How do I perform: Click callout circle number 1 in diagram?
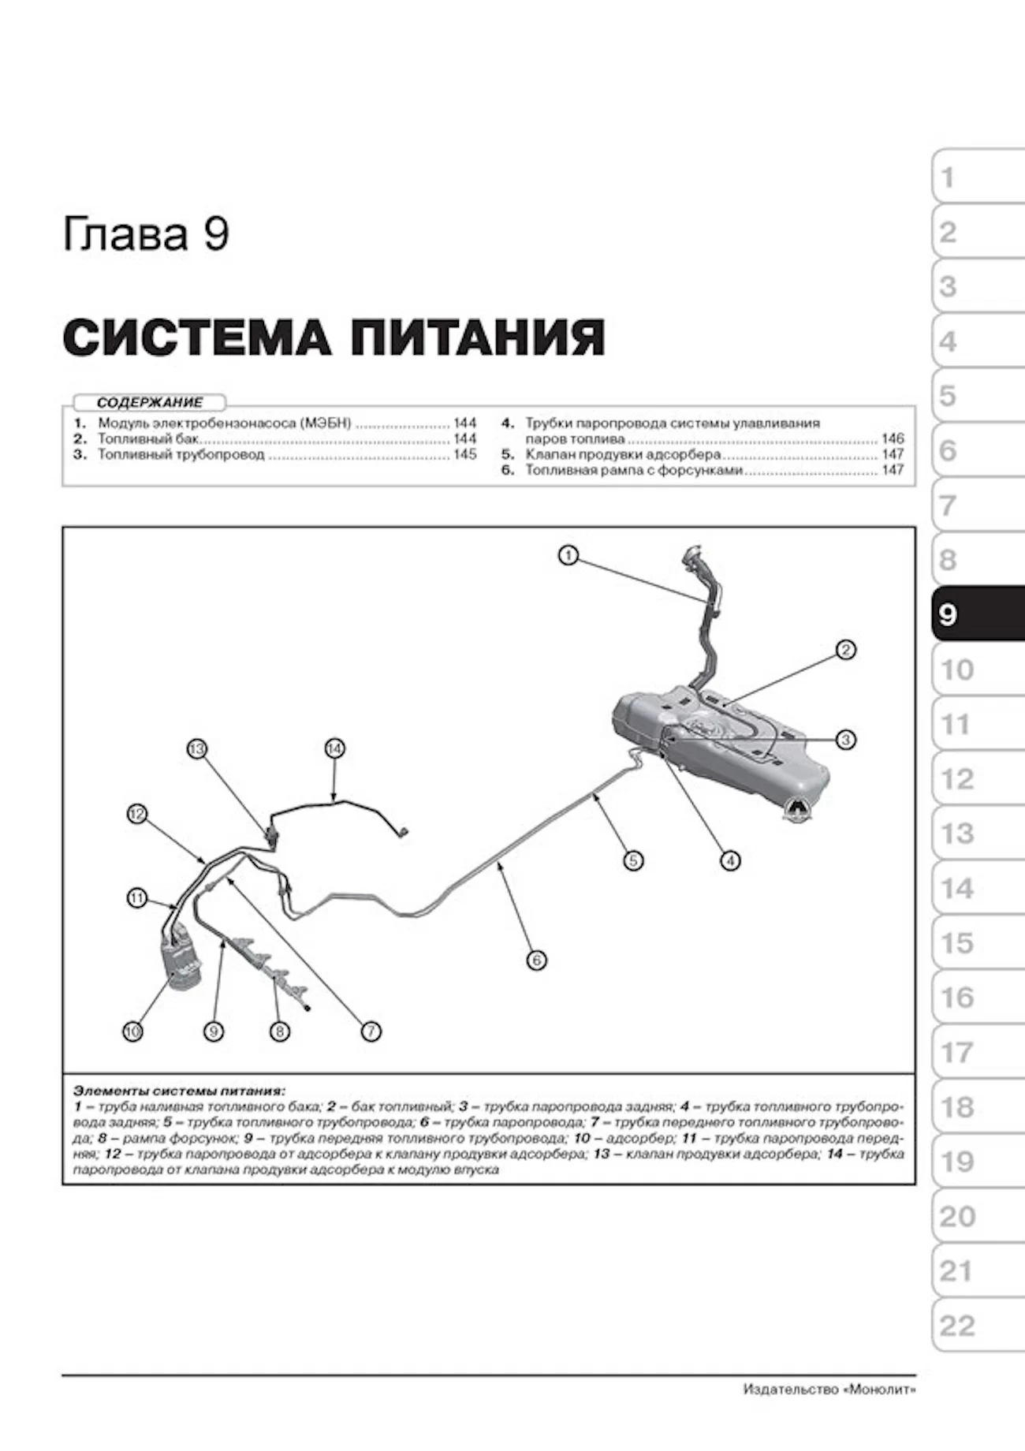coord(568,556)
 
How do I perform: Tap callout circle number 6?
coord(536,960)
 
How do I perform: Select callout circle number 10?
coord(132,1031)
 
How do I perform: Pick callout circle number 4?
coord(730,860)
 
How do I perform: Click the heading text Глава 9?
coord(146,234)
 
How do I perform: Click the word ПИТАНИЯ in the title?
coord(477,338)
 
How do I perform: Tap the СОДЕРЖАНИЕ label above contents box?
coord(150,402)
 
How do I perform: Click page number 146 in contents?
coord(893,438)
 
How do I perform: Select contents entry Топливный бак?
coord(148,438)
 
